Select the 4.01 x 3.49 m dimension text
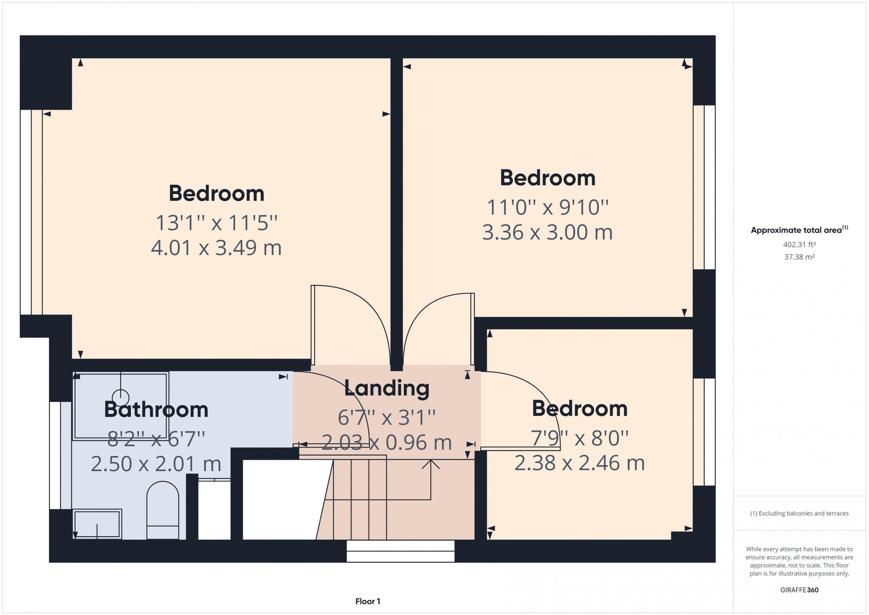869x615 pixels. coord(216,248)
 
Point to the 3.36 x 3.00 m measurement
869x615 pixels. coord(547,233)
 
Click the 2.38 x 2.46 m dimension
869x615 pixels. coord(579,463)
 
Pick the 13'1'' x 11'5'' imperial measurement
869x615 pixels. coord(217,223)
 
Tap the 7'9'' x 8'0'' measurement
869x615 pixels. coord(579,438)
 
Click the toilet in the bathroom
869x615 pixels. coord(163,510)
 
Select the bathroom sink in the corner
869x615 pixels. coord(97,524)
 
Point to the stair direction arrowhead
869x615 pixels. coord(431,464)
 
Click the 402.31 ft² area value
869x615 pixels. coord(799,245)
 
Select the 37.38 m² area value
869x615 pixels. coord(799,257)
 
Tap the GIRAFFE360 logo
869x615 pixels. coord(799,590)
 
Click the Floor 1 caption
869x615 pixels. coord(368,601)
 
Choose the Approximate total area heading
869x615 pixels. coord(799,230)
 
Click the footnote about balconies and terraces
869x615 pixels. coord(799,513)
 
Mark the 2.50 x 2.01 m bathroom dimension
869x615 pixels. coord(156,464)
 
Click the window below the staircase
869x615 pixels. coord(401,551)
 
